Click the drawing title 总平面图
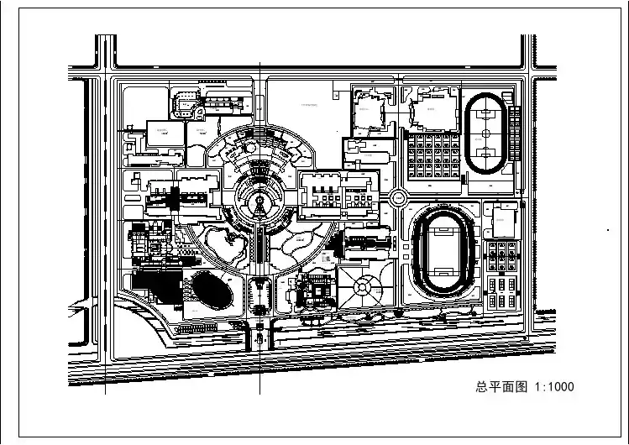tap(501, 387)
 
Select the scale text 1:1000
tap(554, 387)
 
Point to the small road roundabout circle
tap(398, 197)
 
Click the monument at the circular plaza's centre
tap(262, 202)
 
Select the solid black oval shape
tap(211, 291)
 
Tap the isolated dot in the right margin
tap(608, 228)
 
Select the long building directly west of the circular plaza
tap(181, 191)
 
